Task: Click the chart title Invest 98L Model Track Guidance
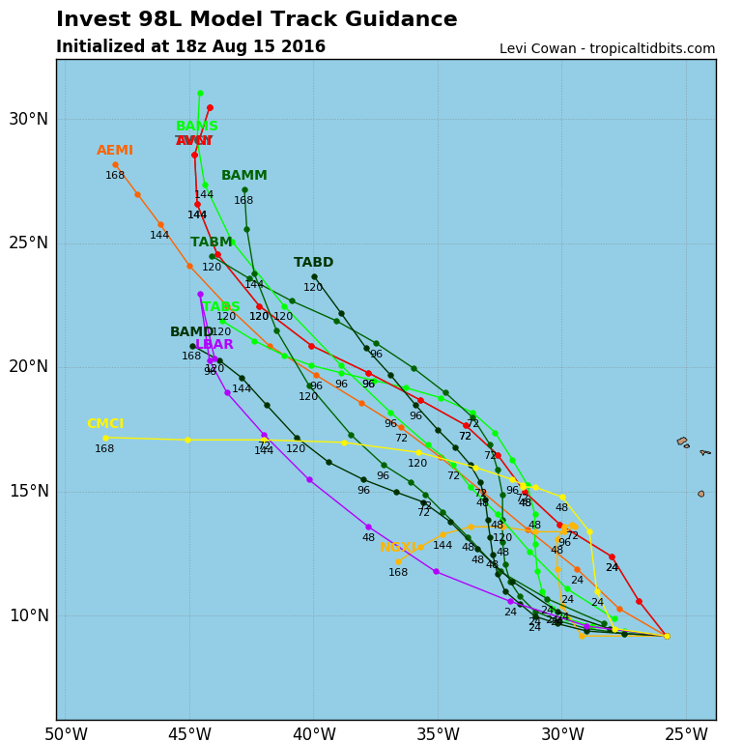[256, 19]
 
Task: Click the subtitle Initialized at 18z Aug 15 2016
[190, 46]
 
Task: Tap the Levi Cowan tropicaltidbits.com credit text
[607, 48]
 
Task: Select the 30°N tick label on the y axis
[28, 119]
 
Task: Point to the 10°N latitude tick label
[28, 615]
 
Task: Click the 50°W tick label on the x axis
[66, 734]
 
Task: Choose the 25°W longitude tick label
[686, 734]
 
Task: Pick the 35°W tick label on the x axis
[438, 734]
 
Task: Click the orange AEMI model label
[115, 151]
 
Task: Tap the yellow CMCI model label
[105, 424]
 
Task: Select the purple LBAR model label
[214, 345]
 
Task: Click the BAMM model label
[244, 176]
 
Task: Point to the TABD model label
[313, 263]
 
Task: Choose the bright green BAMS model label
[197, 127]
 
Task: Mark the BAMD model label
[192, 332]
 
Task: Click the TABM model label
[211, 243]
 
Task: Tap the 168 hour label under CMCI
[104, 448]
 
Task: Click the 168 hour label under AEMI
[115, 175]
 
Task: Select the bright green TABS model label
[221, 307]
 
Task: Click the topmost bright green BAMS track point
[200, 94]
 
